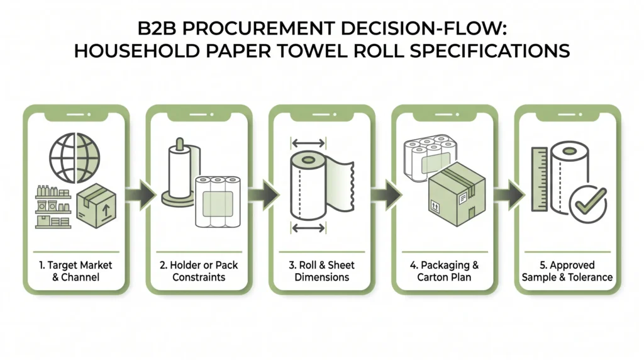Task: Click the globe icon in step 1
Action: coord(74,158)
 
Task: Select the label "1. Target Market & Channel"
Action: coord(76,271)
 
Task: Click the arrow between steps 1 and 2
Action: coord(140,194)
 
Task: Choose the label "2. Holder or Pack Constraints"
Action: coord(199,271)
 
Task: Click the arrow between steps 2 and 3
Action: coord(264,194)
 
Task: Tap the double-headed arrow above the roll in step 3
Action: coord(308,143)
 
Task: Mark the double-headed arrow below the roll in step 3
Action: coord(308,228)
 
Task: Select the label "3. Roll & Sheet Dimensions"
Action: coord(321,271)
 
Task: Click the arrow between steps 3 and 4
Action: coord(386,194)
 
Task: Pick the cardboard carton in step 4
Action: coord(457,194)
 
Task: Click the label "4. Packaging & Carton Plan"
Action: coord(445,271)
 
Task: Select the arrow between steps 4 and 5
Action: coord(509,194)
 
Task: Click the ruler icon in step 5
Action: coord(539,179)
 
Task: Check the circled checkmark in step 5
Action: coord(588,204)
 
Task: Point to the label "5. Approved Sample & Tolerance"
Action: coord(567,271)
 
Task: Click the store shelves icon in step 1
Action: coord(53,207)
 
